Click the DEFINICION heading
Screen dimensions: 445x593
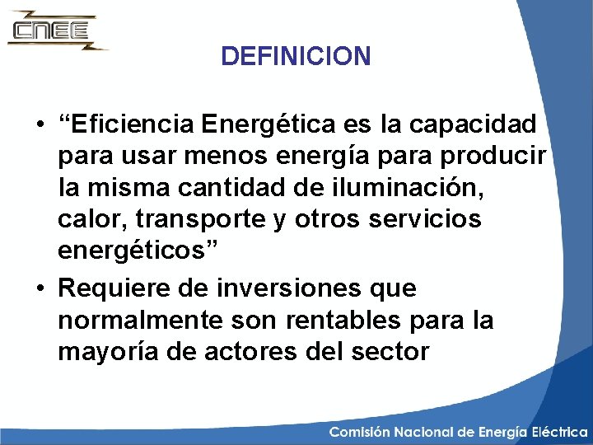(x=296, y=57)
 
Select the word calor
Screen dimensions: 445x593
(x=90, y=219)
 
